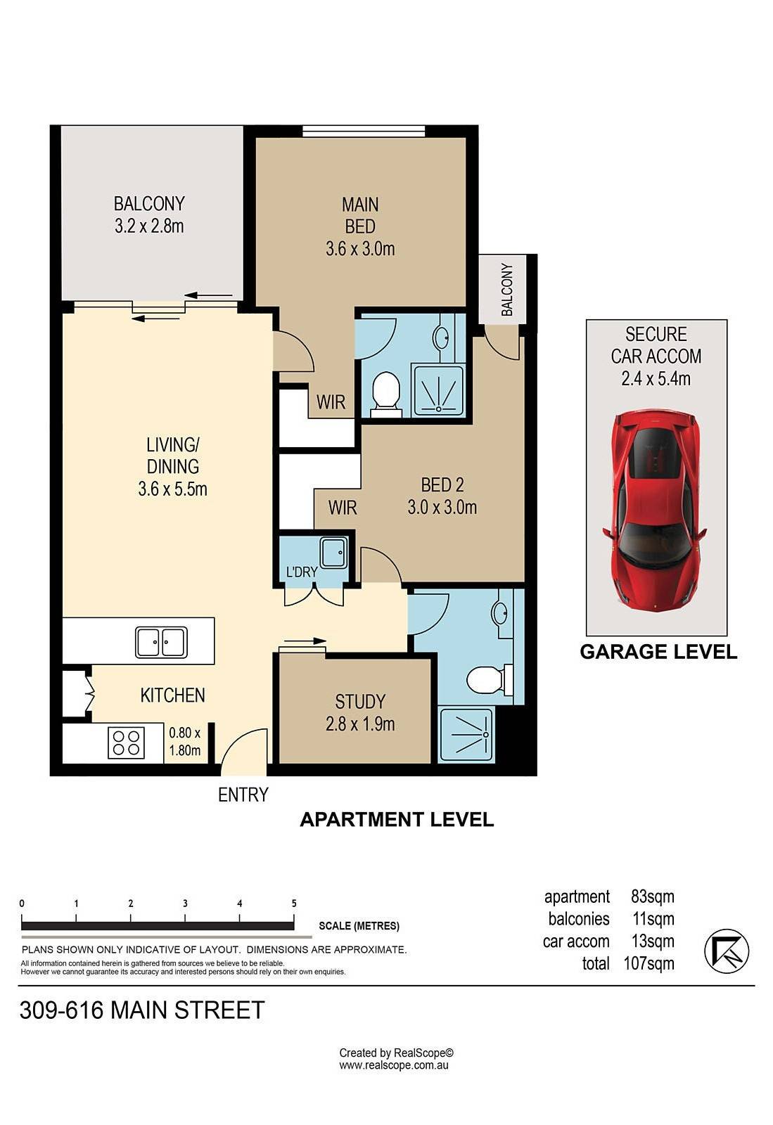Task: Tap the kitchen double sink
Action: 161,642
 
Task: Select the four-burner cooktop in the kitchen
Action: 127,742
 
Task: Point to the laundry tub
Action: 333,553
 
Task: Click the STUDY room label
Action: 360,702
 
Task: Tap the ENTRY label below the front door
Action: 243,795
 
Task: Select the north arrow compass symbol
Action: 727,951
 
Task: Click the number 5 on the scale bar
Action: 294,904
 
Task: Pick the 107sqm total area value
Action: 649,963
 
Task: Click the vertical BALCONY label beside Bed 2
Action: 507,290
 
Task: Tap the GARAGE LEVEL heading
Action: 658,652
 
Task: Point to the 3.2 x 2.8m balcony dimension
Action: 149,226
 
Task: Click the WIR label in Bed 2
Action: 343,507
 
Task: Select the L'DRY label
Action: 301,572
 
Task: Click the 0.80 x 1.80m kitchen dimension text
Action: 185,741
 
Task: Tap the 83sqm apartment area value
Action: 653,896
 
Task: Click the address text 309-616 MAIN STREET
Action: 142,1010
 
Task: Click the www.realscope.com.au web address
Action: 394,1065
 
